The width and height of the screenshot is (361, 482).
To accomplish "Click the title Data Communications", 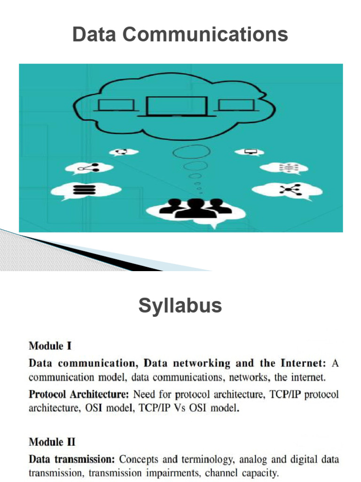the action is click(180, 35).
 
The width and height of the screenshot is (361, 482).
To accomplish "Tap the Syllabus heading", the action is click(180, 306).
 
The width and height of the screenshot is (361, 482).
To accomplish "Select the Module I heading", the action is click(50, 346).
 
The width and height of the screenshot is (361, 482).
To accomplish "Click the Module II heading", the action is click(52, 442).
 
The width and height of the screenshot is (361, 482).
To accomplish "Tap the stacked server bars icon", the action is click(85, 190).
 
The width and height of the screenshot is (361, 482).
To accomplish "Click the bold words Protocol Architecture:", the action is click(79, 394).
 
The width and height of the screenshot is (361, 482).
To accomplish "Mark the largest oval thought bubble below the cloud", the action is click(189, 153).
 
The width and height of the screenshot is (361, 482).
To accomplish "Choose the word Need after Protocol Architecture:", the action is click(144, 394).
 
